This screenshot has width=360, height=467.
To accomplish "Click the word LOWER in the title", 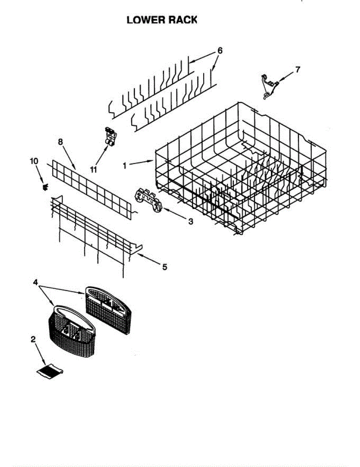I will [144, 20].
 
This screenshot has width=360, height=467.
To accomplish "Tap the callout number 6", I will [220, 51].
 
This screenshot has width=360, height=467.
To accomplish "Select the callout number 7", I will [298, 70].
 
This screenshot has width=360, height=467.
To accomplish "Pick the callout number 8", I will [60, 142].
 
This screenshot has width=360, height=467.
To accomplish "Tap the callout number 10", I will [34, 160].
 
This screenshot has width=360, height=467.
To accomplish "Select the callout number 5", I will [165, 267].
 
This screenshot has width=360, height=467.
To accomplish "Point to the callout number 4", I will [35, 283].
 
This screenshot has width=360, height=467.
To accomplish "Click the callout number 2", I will [33, 339].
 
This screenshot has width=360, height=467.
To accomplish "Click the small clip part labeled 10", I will [45, 188].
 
